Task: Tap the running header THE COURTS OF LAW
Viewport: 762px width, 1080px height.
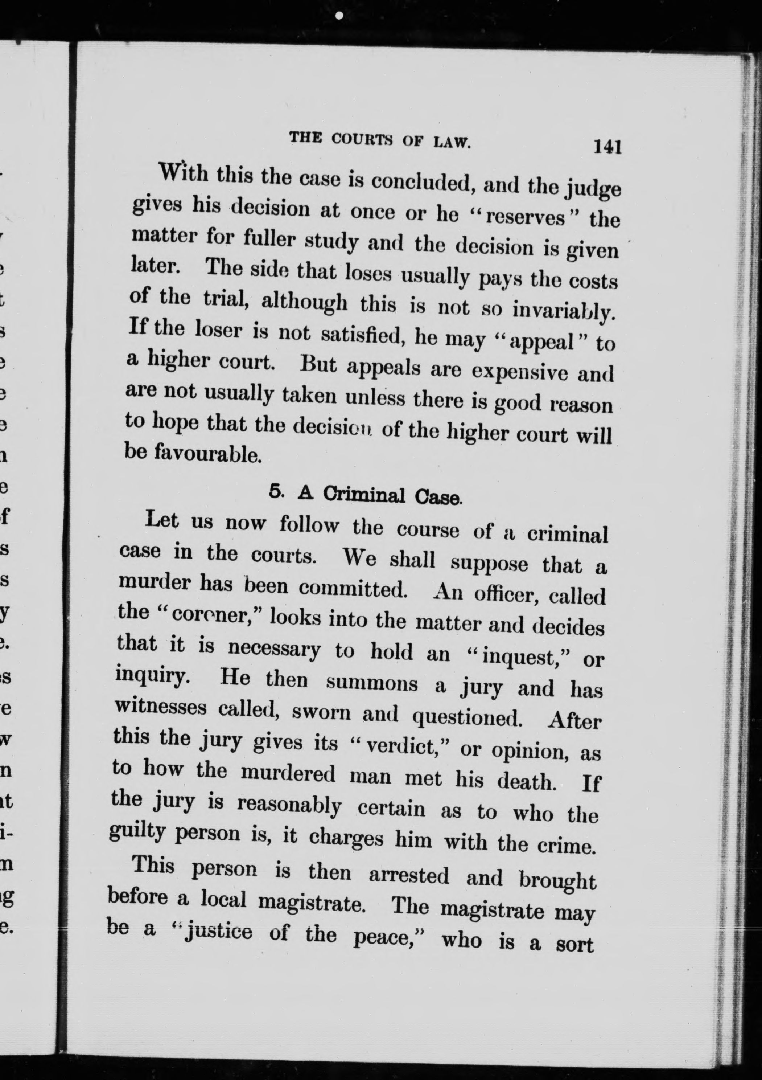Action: point(380,140)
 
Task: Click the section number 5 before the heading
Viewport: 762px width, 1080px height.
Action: point(276,491)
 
